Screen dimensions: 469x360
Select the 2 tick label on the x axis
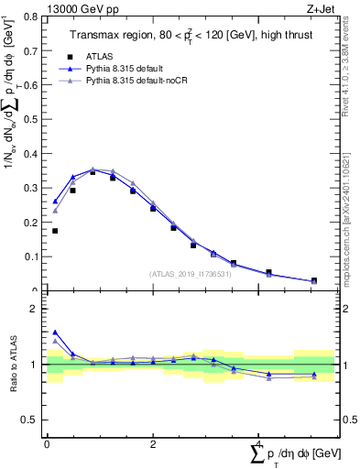(152, 444)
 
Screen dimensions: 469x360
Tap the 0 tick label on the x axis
(47, 444)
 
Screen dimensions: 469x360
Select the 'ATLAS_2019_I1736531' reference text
(191, 273)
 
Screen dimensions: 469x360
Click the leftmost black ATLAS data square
(55, 231)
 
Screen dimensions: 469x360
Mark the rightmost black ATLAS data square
(314, 281)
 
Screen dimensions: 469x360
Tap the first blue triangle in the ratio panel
(55, 333)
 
